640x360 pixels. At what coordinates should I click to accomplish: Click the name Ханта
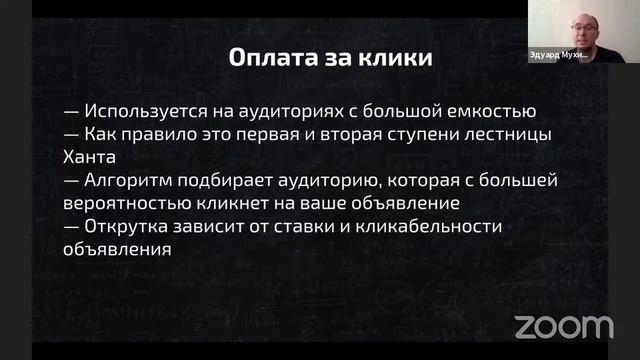pos(91,156)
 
